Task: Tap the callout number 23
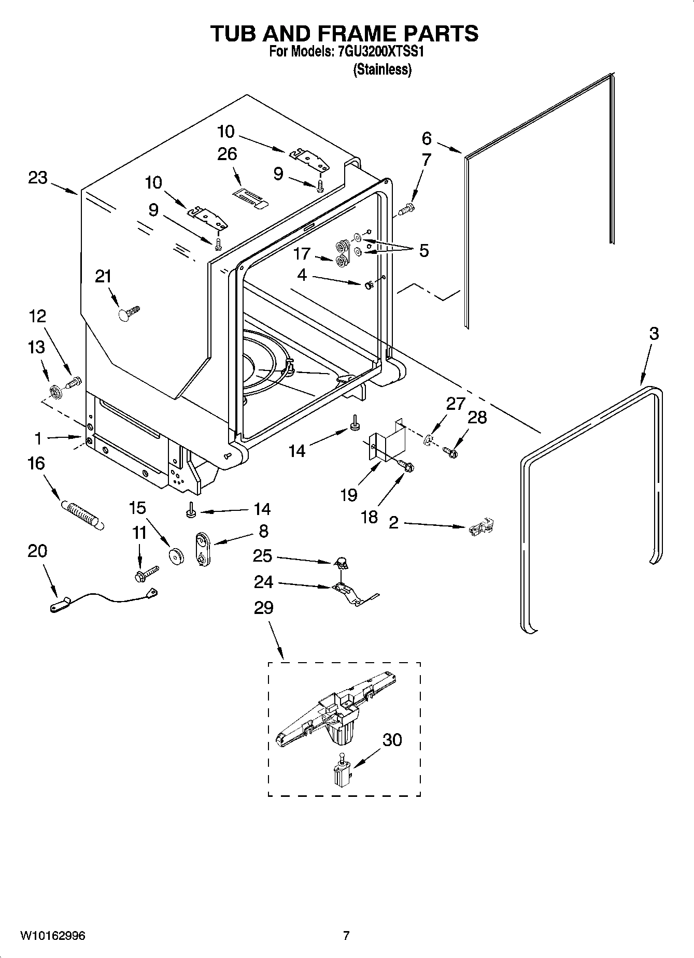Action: click(37, 178)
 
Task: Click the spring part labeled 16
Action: click(83, 514)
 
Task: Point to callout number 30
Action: click(392, 740)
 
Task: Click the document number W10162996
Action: click(53, 936)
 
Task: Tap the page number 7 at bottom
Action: click(346, 936)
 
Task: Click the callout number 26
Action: click(227, 154)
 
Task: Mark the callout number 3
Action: click(654, 334)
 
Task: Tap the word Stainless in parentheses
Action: click(383, 70)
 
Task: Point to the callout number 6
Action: click(426, 138)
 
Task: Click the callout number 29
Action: click(263, 607)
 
